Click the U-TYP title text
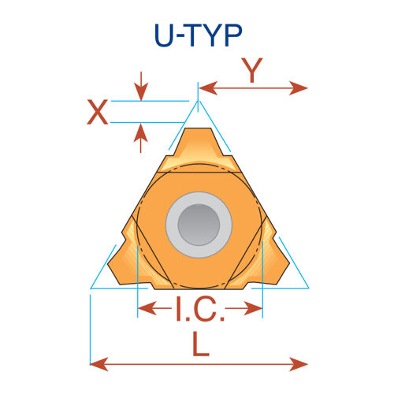pyautogui.click(x=199, y=35)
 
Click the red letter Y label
pyautogui.click(x=252, y=70)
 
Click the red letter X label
pyautogui.click(x=98, y=112)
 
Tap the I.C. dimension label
pyautogui.click(x=200, y=309)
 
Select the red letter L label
pyautogui.click(x=201, y=344)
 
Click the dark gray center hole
pyautogui.click(x=199, y=225)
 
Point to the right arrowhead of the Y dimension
pyautogui.click(x=299, y=88)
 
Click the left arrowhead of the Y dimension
pyautogui.click(x=208, y=88)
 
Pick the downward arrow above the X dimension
pyautogui.click(x=141, y=86)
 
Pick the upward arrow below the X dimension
pyautogui.click(x=141, y=138)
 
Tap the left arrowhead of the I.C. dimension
pyautogui.click(x=147, y=308)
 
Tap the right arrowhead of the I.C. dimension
pyautogui.click(x=254, y=308)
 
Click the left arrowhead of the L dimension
pyautogui.click(x=99, y=364)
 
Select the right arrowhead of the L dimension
pyautogui.click(x=299, y=364)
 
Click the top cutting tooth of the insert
pyautogui.click(x=198, y=147)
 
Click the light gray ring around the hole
pyautogui.click(x=199, y=199)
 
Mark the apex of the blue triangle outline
pyautogui.click(x=198, y=102)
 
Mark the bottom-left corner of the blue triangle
pyautogui.click(x=91, y=288)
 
